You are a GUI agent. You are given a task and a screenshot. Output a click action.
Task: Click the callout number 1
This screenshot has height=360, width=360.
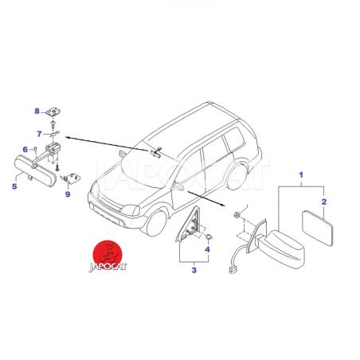(301, 175)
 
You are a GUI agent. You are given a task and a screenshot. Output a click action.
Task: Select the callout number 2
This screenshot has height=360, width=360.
(324, 202)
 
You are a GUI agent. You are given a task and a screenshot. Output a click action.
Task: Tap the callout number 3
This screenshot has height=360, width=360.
(194, 270)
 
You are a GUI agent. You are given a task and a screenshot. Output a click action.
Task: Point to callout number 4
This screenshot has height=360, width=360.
(207, 249)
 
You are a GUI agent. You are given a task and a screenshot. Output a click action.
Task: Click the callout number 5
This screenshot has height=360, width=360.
(14, 186)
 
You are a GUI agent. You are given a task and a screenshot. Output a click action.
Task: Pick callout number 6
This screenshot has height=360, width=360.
(25, 150)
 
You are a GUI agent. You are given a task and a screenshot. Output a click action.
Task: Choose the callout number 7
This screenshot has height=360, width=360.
(39, 135)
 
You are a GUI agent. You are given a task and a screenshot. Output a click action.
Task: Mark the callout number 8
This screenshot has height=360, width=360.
(37, 112)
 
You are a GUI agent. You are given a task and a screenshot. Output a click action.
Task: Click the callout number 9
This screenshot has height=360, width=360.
(68, 194)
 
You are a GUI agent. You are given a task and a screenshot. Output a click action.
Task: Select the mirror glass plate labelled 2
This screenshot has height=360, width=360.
(318, 228)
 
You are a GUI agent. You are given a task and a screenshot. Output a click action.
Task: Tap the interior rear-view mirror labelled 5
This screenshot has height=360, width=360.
(35, 171)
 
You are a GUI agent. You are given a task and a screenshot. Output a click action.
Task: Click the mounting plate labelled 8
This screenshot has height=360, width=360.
(53, 112)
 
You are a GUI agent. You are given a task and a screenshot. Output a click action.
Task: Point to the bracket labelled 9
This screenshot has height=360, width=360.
(71, 178)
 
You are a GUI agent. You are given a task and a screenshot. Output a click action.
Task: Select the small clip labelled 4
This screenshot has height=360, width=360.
(209, 237)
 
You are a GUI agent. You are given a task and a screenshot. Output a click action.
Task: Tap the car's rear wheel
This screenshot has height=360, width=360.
(237, 177)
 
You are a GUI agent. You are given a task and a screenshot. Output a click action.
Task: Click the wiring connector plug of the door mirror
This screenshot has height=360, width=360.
(231, 271)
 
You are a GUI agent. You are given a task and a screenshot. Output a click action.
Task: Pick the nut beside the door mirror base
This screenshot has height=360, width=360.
(236, 214)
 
